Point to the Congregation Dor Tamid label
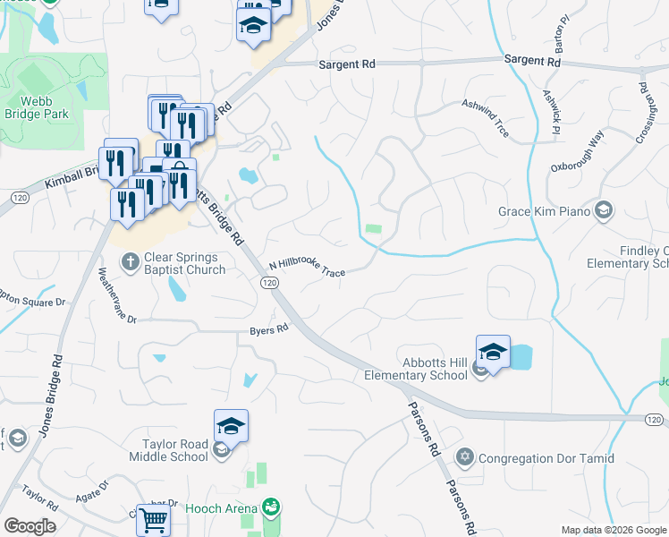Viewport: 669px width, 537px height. [x=546, y=458]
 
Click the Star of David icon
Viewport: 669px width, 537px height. [x=464, y=458]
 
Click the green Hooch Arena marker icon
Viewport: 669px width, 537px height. [x=271, y=508]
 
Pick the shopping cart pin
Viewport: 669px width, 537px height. [x=155, y=519]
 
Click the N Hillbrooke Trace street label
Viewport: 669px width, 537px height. [x=307, y=268]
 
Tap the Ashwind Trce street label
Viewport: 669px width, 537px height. [x=485, y=118]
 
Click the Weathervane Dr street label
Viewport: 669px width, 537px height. [x=116, y=294]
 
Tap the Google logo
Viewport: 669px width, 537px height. [x=30, y=526]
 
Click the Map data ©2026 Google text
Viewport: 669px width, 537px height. [x=614, y=530]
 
